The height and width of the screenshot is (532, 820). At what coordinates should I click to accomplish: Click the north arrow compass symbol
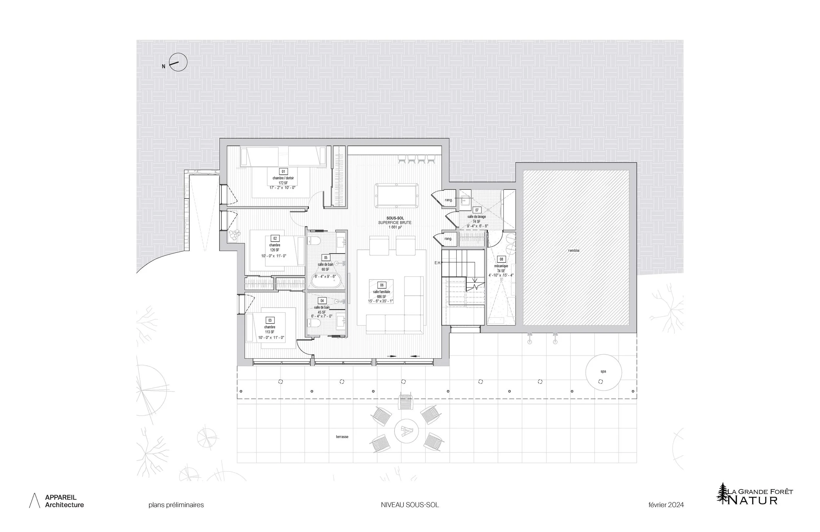coord(178,63)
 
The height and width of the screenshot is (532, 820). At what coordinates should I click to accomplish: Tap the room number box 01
coord(283,171)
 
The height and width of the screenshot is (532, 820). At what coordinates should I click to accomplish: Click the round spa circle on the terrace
coord(603,372)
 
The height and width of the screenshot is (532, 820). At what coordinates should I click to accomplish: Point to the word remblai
coord(574,251)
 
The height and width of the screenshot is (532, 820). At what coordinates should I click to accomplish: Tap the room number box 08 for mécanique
coord(501,259)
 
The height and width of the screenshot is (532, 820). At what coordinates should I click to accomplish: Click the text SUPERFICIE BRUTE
coord(395,223)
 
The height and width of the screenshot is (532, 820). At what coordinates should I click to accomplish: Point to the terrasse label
coord(342,437)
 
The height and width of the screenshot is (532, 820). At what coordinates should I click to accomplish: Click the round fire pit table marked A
coord(406,430)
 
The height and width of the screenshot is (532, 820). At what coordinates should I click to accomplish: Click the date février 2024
coord(666,505)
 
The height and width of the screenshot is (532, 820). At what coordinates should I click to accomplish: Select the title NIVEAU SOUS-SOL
coord(410,505)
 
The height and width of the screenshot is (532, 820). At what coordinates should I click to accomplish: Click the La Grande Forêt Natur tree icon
coord(723,493)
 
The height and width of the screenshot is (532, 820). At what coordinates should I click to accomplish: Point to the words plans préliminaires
coord(176,505)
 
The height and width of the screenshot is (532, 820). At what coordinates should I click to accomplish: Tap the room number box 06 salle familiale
coord(381,285)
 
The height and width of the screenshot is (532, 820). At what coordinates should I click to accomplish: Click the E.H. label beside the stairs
coord(438,263)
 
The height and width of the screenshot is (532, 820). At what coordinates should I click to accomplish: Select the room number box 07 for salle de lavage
coord(477,210)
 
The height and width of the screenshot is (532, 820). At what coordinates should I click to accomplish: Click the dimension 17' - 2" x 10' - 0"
coord(282,188)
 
